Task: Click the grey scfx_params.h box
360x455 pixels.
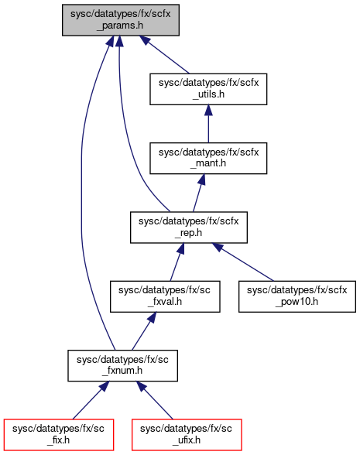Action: (x=121, y=20)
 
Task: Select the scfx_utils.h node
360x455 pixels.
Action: (x=208, y=89)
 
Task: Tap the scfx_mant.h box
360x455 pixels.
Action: (x=208, y=158)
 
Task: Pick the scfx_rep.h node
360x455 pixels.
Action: (x=189, y=227)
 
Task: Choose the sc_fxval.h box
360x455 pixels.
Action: (x=165, y=296)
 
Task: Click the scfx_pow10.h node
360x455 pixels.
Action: (x=297, y=296)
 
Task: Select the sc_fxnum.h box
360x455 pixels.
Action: (x=122, y=365)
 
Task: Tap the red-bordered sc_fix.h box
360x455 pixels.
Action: (x=59, y=435)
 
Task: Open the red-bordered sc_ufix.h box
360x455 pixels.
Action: (x=187, y=435)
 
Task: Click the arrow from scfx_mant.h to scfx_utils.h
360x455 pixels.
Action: (x=208, y=124)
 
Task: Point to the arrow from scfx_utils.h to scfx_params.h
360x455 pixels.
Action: (x=164, y=55)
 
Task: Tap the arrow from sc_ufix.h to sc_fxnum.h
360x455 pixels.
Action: (x=155, y=401)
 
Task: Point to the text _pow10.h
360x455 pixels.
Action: (x=297, y=302)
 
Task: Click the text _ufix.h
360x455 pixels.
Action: (x=186, y=440)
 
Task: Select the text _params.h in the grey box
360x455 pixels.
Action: (x=120, y=26)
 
